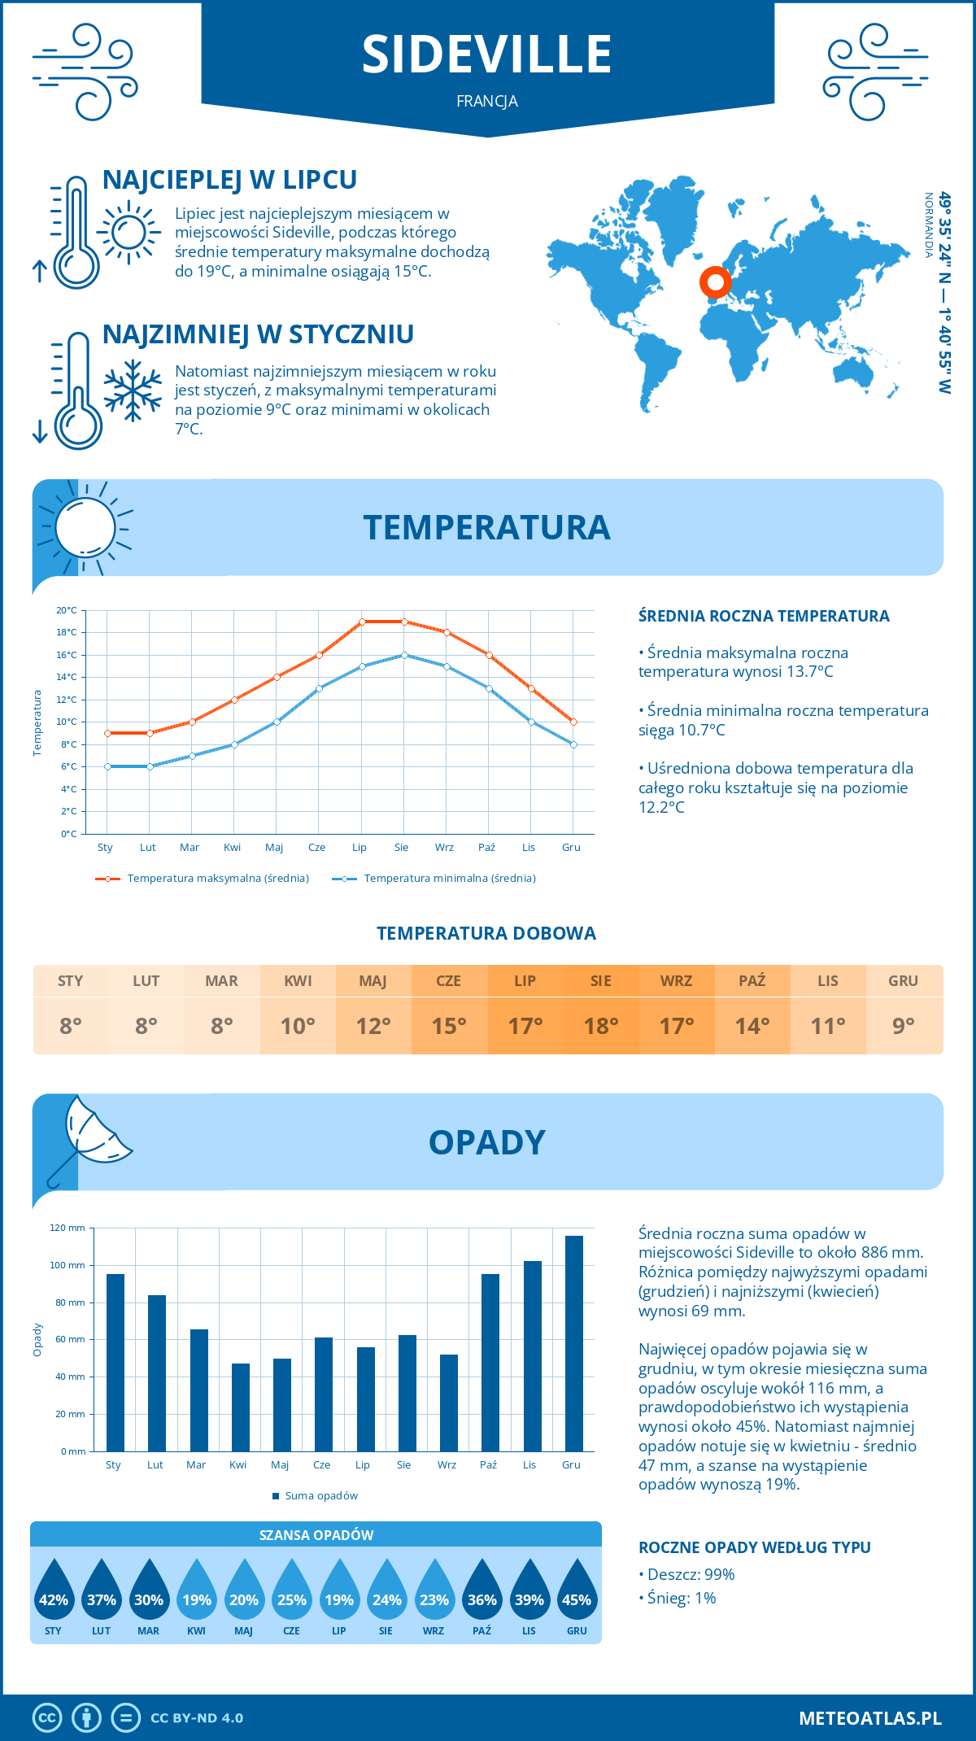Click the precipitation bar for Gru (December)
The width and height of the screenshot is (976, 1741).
coord(574,1343)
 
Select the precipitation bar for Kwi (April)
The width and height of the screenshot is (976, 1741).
coord(241,1407)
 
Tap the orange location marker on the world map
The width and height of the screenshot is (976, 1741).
coord(715,282)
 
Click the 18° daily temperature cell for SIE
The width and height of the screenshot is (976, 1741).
coord(601,1026)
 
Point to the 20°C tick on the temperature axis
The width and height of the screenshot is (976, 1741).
coord(67,610)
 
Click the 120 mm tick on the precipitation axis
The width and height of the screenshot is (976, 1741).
coord(68,1228)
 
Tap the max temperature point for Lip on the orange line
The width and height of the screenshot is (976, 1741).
coord(362,622)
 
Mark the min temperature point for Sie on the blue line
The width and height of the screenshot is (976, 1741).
coord(404,655)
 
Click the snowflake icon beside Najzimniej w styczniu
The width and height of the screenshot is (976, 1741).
coord(133,391)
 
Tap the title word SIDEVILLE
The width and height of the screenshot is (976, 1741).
coord(486,55)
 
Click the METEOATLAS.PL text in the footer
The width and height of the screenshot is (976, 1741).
coord(869,1718)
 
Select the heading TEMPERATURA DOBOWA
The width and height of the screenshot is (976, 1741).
coord(486,933)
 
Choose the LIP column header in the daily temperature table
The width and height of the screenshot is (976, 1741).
coord(525,981)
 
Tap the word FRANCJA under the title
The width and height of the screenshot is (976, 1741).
coord(487,102)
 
